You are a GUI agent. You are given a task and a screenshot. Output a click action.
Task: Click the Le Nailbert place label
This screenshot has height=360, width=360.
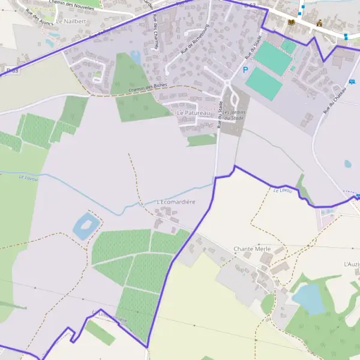[x=71, y=21]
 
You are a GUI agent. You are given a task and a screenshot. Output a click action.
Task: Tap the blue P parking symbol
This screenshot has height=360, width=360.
[x=245, y=70]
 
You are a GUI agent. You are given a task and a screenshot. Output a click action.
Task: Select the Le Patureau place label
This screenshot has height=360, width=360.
[x=193, y=112]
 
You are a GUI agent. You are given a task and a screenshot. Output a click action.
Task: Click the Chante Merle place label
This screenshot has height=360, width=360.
[x=252, y=248]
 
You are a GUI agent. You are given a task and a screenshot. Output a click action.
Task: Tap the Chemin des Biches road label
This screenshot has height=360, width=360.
[x=148, y=88]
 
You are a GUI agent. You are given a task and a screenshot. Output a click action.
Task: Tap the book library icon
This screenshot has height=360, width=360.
[x=292, y=22]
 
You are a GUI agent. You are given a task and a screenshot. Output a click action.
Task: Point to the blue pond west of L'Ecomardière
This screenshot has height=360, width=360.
[x=85, y=226]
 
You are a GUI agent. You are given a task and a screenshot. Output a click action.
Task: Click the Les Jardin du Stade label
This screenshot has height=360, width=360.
[x=232, y=119]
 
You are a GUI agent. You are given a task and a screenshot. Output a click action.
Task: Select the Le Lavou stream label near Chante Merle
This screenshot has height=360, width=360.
[x=282, y=190]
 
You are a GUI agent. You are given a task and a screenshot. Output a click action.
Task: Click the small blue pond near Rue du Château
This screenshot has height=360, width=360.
[x=348, y=163]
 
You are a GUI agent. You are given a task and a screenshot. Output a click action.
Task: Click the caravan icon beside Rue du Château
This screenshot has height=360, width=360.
[x=358, y=197]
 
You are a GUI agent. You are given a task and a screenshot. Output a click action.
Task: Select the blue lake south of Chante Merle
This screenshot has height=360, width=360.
[x=310, y=298]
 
